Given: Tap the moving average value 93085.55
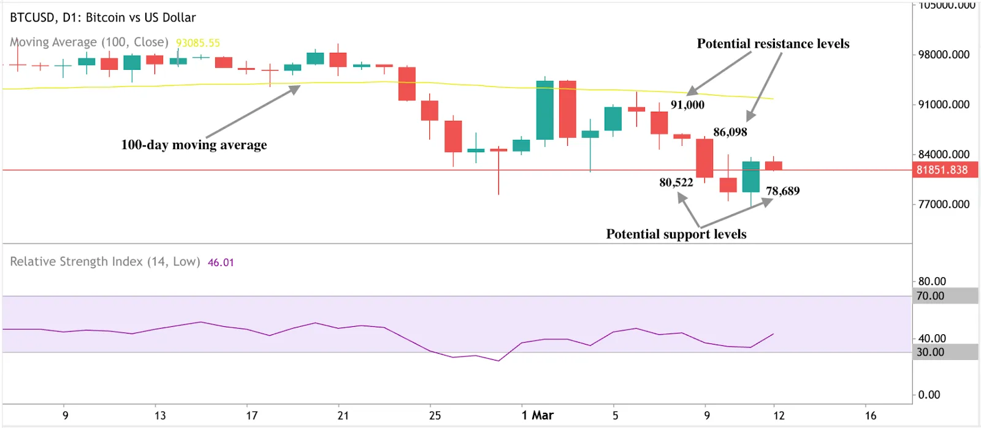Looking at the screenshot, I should pyautogui.click(x=197, y=43).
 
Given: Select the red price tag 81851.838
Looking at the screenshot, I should pyautogui.click(x=942, y=170).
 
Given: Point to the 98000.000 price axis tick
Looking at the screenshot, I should pyautogui.click(x=944, y=55).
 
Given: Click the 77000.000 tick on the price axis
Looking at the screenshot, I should pyautogui.click(x=944, y=204).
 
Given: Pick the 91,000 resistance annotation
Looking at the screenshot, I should pyautogui.click(x=687, y=105).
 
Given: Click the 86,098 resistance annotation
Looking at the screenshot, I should pyautogui.click(x=730, y=132).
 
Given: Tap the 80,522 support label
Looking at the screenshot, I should pyautogui.click(x=676, y=182).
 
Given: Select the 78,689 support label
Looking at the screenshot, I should pyautogui.click(x=782, y=191).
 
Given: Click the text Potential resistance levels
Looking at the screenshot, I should pyautogui.click(x=773, y=44).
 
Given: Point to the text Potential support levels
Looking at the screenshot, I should pyautogui.click(x=676, y=234).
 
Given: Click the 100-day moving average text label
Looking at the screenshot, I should pyautogui.click(x=194, y=145).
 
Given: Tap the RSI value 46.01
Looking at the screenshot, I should pyautogui.click(x=221, y=262).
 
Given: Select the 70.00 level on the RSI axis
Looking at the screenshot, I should pyautogui.click(x=930, y=296).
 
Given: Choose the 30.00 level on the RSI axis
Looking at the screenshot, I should pyautogui.click(x=930, y=352).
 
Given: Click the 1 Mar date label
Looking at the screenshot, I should pyautogui.click(x=537, y=415).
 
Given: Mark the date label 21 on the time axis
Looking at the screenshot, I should pyautogui.click(x=343, y=415).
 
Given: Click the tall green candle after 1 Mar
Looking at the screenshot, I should pyautogui.click(x=544, y=110).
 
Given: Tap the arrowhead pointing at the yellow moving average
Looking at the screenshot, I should pyautogui.click(x=295, y=90).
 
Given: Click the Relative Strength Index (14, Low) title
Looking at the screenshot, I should pyautogui.click(x=105, y=262).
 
